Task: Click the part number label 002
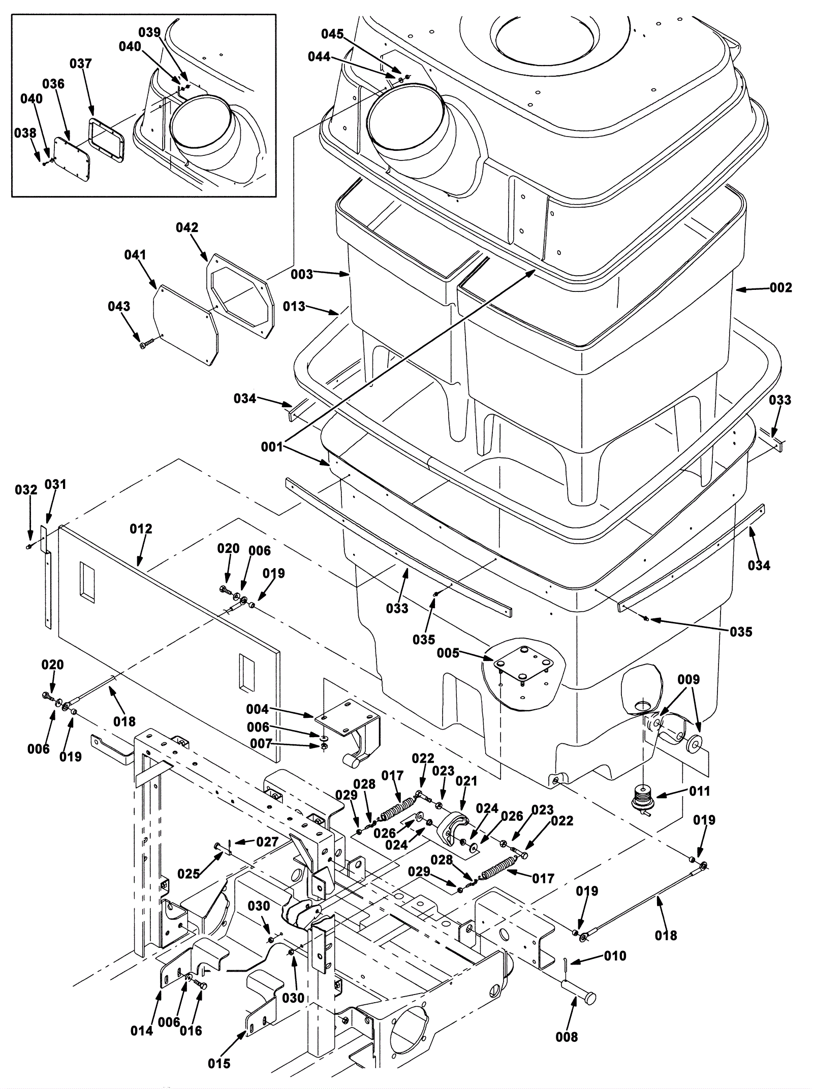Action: click(x=781, y=288)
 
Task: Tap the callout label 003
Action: click(x=302, y=274)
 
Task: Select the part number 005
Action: click(x=448, y=652)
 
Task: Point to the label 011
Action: click(x=700, y=791)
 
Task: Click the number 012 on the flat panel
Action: click(x=141, y=529)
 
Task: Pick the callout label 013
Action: click(x=294, y=306)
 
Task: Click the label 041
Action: click(x=135, y=254)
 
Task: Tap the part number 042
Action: click(x=187, y=227)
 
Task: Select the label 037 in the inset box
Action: click(x=81, y=63)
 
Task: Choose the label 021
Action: click(x=466, y=781)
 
